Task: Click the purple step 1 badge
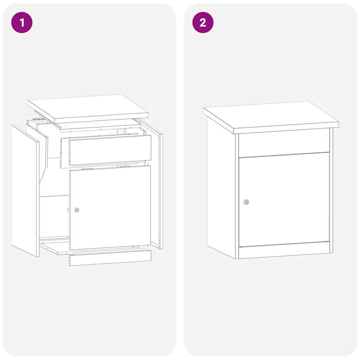pyautogui.click(x=22, y=22)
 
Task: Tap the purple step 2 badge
pyautogui.click(x=203, y=22)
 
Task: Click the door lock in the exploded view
pyautogui.click(x=77, y=210)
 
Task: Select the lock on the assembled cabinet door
pyautogui.click(x=246, y=202)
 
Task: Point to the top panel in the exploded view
pyautogui.click(x=88, y=109)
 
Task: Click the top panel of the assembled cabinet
pyautogui.click(x=271, y=117)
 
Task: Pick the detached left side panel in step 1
pyautogui.click(x=25, y=191)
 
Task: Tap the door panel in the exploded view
pyautogui.click(x=110, y=207)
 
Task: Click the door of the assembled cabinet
pyautogui.click(x=284, y=200)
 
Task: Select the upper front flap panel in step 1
pyautogui.click(x=110, y=150)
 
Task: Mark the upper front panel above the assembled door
pyautogui.click(x=284, y=144)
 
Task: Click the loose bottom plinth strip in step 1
pyautogui.click(x=110, y=258)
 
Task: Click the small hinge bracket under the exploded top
pyautogui.click(x=37, y=119)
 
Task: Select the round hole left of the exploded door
pyautogui.click(x=69, y=210)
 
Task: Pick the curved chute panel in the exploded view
pyautogui.click(x=44, y=161)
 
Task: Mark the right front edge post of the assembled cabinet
pyautogui.click(x=331, y=190)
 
